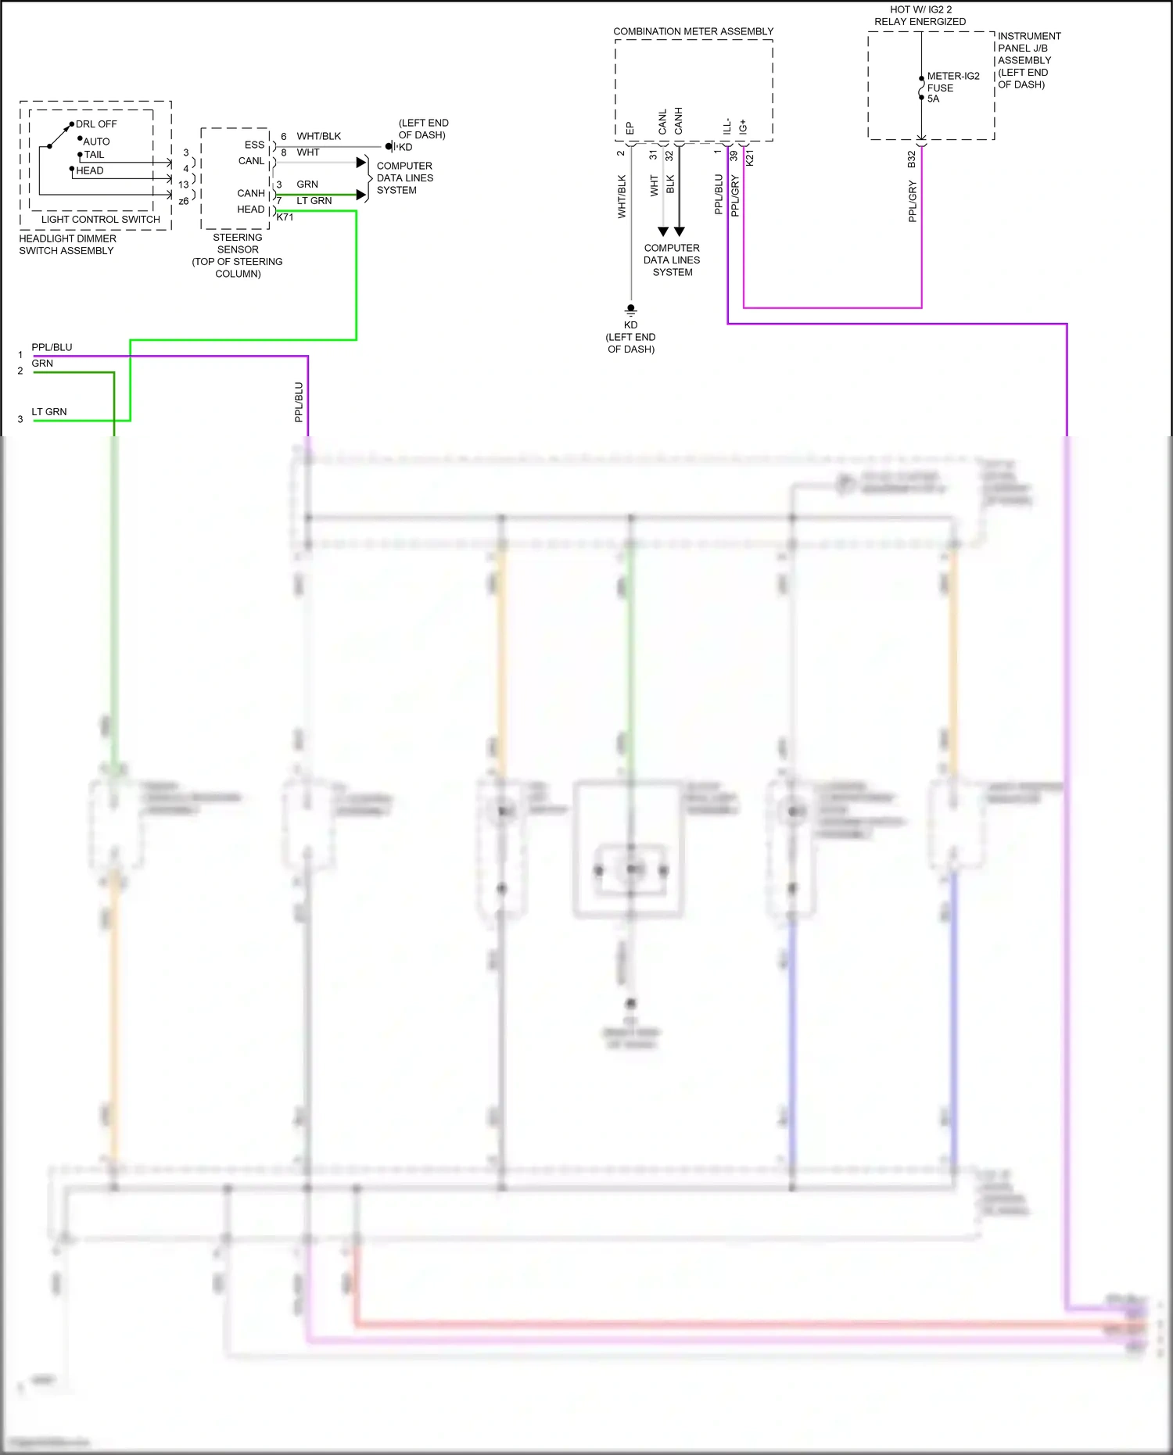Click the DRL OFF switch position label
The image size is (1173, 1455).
[96, 124]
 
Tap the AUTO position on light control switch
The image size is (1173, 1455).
[97, 142]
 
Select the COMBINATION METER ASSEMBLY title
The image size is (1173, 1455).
[693, 31]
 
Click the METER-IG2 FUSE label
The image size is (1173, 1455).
[952, 82]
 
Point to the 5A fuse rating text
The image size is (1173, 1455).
[933, 99]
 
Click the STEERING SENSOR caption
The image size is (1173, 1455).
[237, 243]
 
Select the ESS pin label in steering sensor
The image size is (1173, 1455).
[254, 145]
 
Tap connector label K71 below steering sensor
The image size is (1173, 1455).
[285, 217]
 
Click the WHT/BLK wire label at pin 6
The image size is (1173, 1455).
[318, 136]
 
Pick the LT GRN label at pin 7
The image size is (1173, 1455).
[314, 201]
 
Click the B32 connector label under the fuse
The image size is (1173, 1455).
[911, 159]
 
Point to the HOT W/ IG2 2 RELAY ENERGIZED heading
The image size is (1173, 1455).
[920, 16]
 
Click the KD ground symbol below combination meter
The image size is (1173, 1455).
[630, 310]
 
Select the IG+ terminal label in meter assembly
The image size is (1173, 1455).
[743, 127]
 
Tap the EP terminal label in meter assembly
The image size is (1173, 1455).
[630, 128]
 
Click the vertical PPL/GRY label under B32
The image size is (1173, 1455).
[912, 201]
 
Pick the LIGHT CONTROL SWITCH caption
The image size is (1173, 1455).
[100, 220]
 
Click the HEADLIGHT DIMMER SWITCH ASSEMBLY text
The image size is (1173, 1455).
[67, 245]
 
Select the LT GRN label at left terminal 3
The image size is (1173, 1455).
[48, 412]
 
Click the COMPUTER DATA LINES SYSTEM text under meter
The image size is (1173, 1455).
[672, 260]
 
